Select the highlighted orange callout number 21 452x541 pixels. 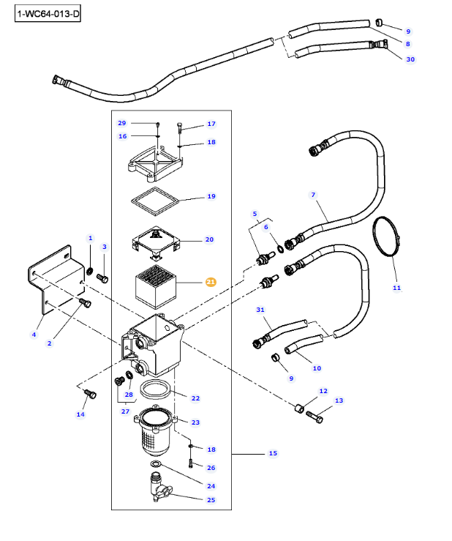tap(211, 282)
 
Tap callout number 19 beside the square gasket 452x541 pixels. tap(211, 196)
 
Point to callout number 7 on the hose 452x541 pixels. tap(313, 195)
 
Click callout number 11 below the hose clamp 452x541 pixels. tap(396, 288)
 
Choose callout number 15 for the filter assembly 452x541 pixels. tap(273, 454)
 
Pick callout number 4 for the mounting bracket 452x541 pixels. tap(34, 335)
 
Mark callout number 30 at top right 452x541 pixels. tap(410, 59)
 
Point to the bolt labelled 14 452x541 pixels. tap(90, 395)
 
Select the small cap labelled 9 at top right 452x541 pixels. tap(380, 21)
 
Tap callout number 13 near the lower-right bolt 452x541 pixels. tap(339, 400)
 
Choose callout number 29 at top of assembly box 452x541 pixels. tap(122, 123)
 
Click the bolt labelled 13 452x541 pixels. tap(315, 417)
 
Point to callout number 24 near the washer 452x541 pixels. tap(211, 486)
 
